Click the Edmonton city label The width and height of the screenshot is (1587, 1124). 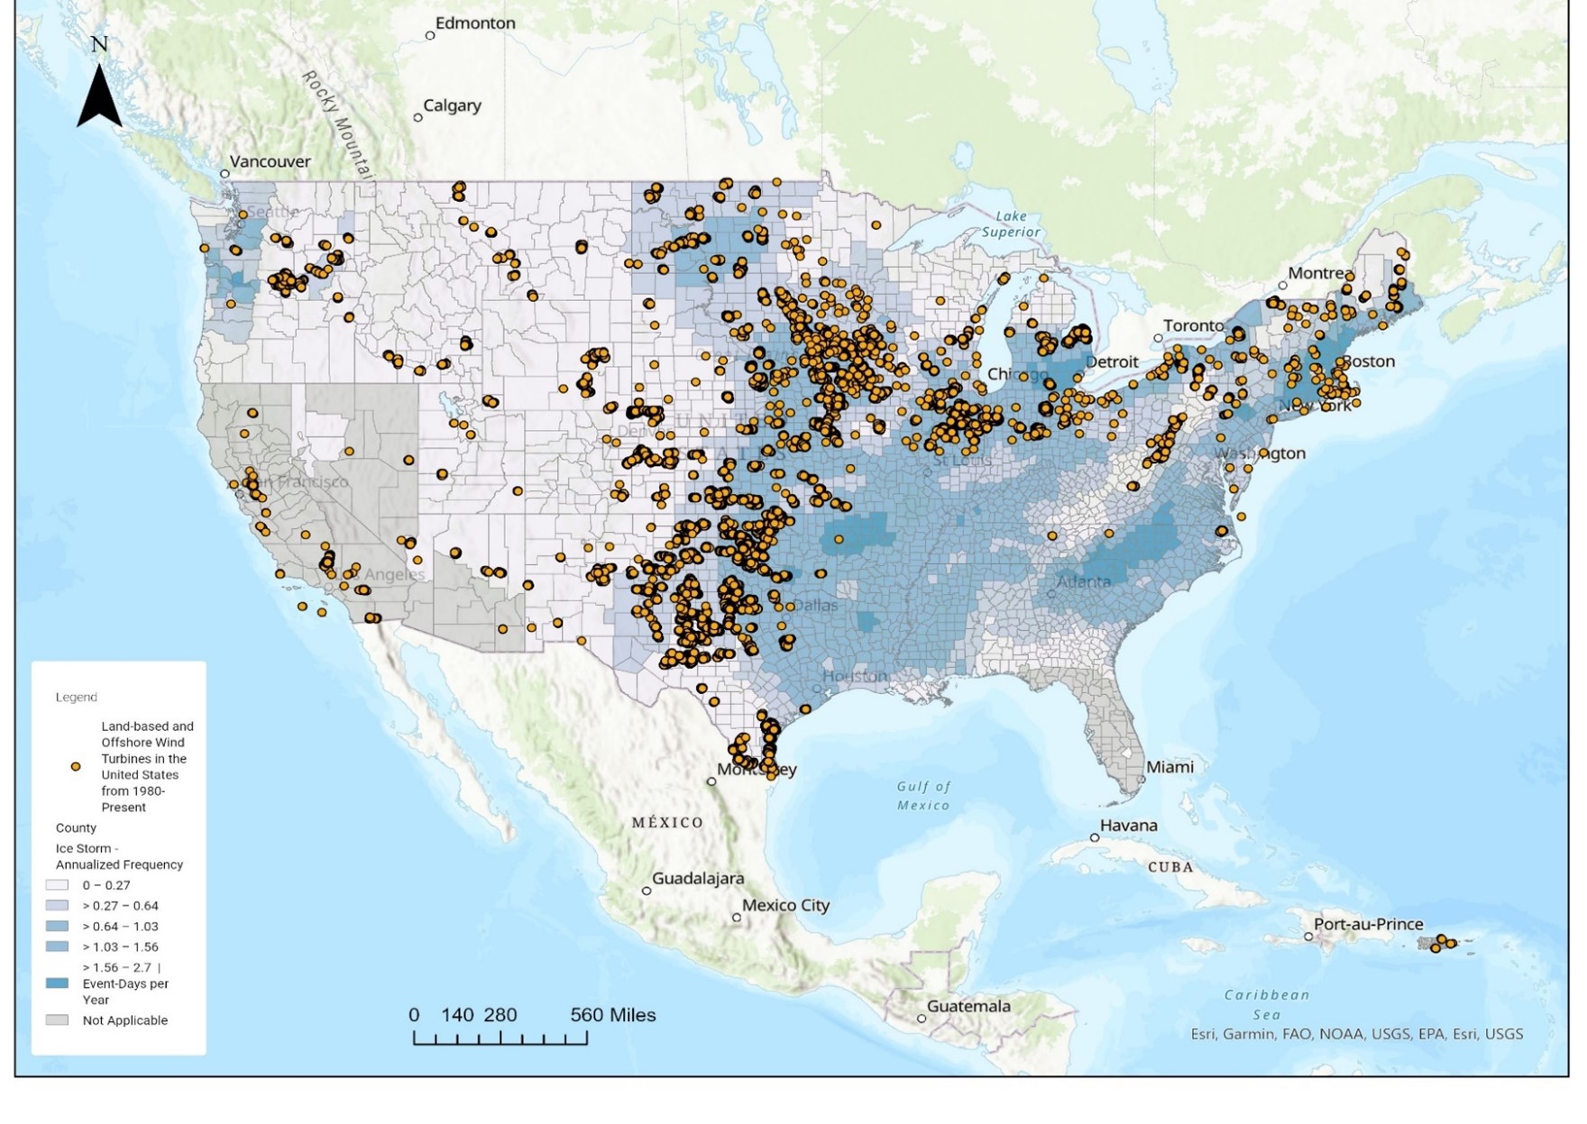[x=474, y=23]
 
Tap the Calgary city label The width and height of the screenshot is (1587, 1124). [x=452, y=105]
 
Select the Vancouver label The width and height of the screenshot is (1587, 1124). [x=270, y=161]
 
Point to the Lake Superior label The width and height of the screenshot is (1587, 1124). [x=1011, y=224]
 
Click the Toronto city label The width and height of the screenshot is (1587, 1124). [x=1193, y=325]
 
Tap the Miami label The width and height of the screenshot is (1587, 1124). [x=1170, y=767]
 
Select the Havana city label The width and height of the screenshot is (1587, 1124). [x=1128, y=826]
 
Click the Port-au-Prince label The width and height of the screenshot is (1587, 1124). [x=1368, y=924]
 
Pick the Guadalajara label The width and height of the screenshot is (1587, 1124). [x=698, y=878]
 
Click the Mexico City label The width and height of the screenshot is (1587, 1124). [x=785, y=905]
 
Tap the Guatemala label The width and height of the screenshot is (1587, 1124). [x=968, y=1006]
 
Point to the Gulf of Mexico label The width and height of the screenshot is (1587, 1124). [x=923, y=796]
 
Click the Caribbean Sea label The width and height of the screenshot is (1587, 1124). [x=1267, y=1004]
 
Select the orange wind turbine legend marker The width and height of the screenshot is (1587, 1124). [x=76, y=766]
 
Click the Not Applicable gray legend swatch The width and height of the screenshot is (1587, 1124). [x=57, y=1020]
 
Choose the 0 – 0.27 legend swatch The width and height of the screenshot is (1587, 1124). [x=57, y=885]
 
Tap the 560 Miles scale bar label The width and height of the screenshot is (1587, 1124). [x=612, y=1015]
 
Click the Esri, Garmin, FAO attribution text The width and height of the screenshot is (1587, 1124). [x=1356, y=1034]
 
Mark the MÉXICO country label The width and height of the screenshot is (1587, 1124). [x=667, y=822]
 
